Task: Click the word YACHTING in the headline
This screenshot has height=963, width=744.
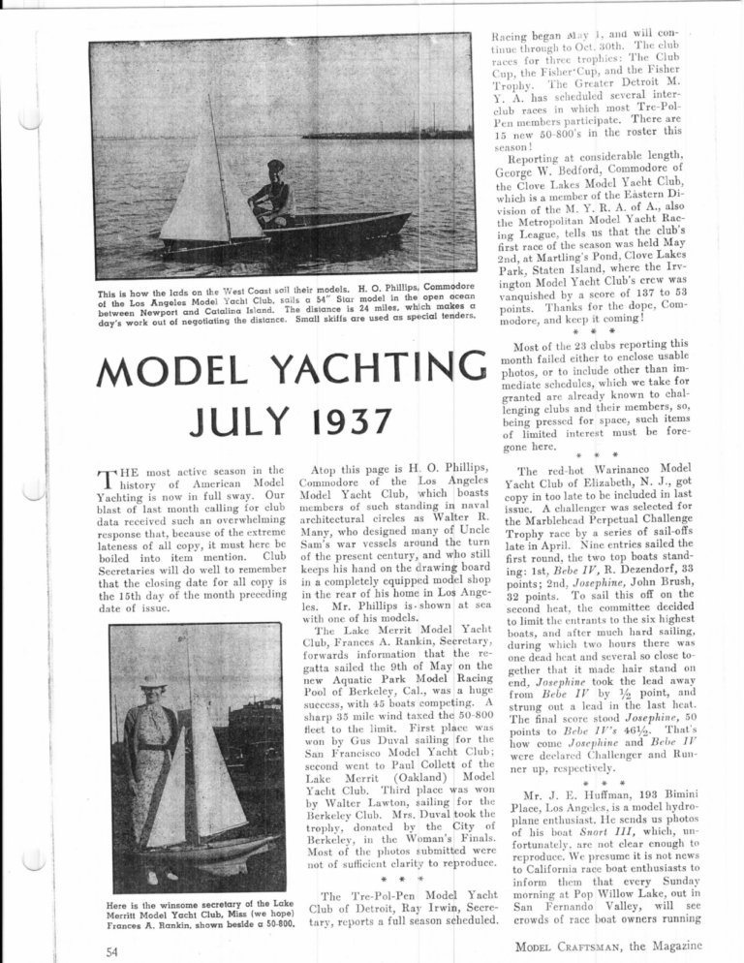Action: pyautogui.click(x=367, y=368)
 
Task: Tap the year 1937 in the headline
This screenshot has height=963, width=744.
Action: pyautogui.click(x=331, y=419)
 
